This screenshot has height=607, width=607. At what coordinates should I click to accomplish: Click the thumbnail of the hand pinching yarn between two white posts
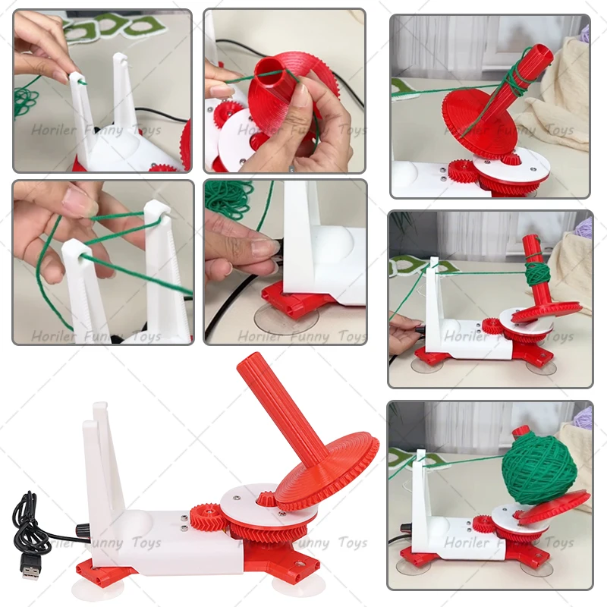point(102,261)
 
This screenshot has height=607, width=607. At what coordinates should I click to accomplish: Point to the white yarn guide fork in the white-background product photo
point(102,455)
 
